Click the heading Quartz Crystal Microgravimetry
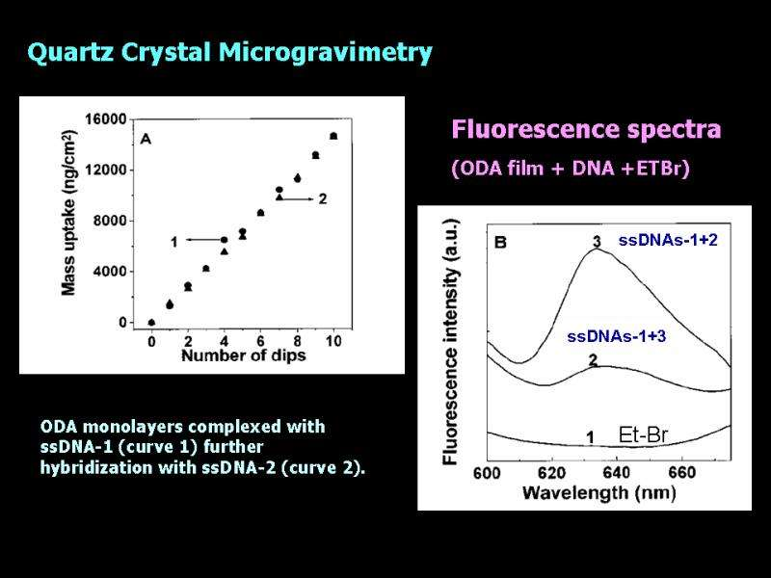[229, 53]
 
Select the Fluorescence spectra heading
[586, 129]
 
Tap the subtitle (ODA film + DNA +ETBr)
[571, 169]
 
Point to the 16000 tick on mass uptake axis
[107, 119]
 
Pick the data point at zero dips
[151, 323]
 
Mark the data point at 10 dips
[333, 136]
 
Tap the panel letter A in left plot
[146, 138]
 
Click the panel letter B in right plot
[500, 243]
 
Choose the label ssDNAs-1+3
[617, 336]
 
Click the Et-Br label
[643, 436]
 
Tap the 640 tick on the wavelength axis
[616, 473]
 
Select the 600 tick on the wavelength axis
[488, 473]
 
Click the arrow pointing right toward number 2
[296, 198]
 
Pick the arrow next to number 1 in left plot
[203, 240]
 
